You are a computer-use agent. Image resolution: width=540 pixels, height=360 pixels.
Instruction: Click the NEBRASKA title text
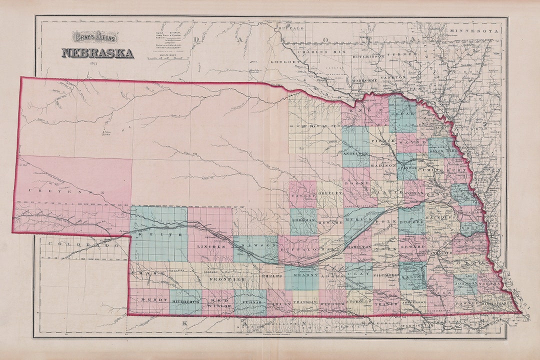coord(97,53)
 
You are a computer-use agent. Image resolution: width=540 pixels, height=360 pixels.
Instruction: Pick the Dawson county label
coord(257,246)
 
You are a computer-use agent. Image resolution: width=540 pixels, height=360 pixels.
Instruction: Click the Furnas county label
coord(250,303)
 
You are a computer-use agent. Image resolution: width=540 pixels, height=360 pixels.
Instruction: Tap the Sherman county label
coord(303,219)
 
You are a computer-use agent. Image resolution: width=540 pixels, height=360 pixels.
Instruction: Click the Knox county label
coord(362,110)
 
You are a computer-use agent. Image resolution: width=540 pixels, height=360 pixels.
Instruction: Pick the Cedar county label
coord(404,114)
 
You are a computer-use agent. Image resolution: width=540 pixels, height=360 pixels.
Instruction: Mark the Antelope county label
coord(355,153)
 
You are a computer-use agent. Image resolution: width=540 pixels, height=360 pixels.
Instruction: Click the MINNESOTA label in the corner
coord(474,31)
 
